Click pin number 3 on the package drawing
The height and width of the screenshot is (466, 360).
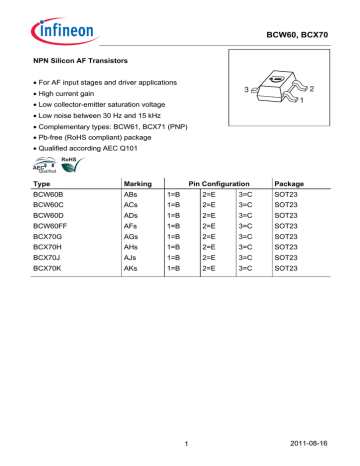click(x=233, y=92)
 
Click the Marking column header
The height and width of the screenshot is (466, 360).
click(x=136, y=186)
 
